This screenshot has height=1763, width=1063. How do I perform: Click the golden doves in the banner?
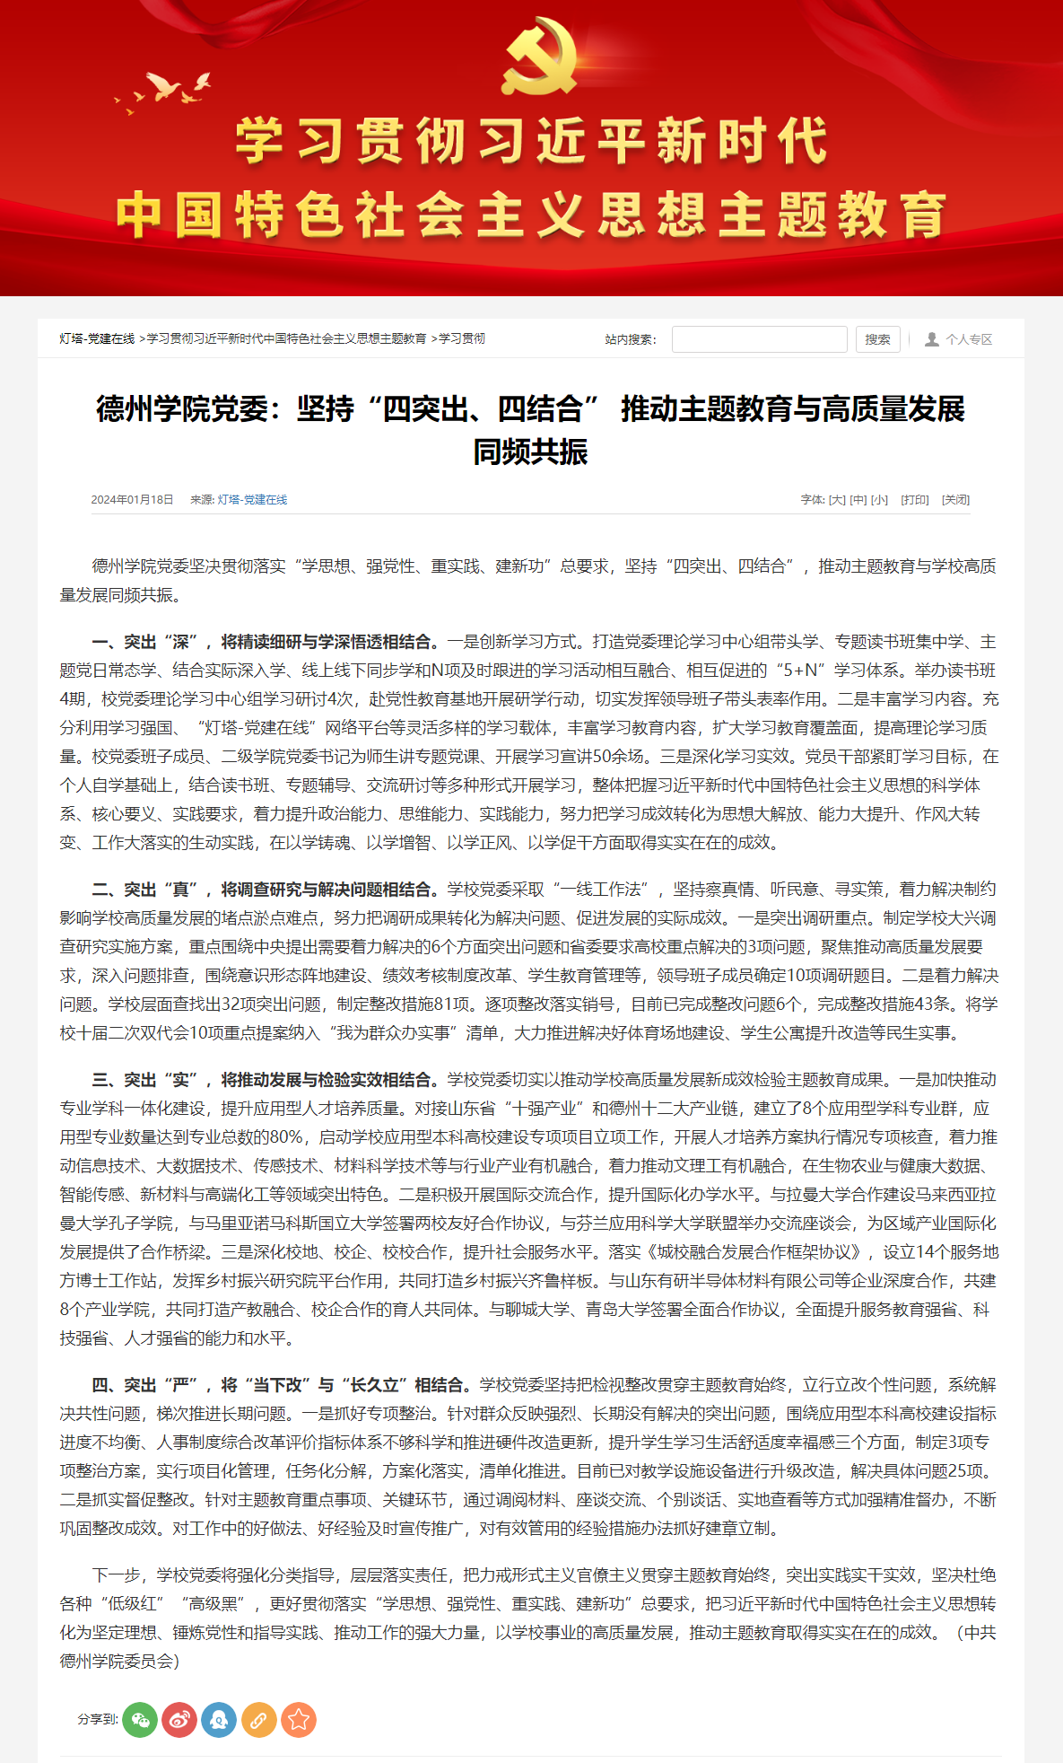click(x=166, y=91)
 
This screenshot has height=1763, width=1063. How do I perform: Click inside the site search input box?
click(x=759, y=339)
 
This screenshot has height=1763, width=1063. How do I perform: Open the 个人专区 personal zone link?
click(x=960, y=339)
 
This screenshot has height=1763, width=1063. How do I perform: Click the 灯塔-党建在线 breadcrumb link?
click(x=97, y=338)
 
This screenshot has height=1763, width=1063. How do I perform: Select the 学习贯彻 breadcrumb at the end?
click(x=462, y=338)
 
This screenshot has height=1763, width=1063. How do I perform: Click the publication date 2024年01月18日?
click(x=132, y=500)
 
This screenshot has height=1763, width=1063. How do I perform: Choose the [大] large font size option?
click(x=837, y=500)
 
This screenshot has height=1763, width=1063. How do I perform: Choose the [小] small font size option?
click(x=880, y=500)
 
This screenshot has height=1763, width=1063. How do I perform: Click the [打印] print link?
click(x=915, y=500)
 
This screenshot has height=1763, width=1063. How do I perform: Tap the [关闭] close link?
click(x=955, y=500)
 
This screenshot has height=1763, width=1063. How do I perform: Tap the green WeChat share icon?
click(x=140, y=1720)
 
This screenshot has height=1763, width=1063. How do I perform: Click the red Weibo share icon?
click(x=179, y=1720)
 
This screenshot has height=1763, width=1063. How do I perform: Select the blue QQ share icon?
click(x=219, y=1720)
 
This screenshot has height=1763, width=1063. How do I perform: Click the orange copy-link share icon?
click(x=258, y=1720)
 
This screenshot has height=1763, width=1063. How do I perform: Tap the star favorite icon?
click(x=299, y=1720)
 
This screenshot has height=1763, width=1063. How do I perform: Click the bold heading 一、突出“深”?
click(x=144, y=642)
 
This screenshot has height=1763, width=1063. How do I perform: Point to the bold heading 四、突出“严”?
click(x=144, y=1385)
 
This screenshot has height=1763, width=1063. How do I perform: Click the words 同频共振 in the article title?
click(x=530, y=452)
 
